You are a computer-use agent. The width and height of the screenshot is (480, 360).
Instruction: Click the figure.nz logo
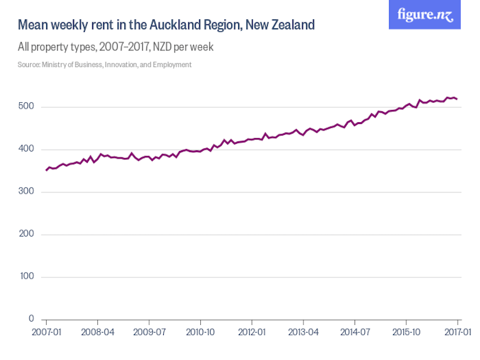(x=425, y=15)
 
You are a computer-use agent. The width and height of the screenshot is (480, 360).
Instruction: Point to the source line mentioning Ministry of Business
(x=105, y=65)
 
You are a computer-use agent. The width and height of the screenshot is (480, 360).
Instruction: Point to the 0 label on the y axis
(x=30, y=319)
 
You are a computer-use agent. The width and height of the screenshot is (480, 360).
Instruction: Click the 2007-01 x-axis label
(x=46, y=333)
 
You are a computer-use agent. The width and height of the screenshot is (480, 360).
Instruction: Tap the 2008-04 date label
(x=97, y=333)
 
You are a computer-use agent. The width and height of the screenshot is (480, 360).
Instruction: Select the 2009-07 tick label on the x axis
(x=148, y=333)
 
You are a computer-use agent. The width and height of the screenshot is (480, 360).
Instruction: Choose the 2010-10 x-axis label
(x=200, y=333)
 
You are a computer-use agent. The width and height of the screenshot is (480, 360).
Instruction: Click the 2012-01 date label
(x=252, y=333)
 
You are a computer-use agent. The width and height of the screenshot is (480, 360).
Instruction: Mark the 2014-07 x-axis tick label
(x=355, y=333)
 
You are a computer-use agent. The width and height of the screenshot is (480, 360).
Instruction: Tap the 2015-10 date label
(x=406, y=333)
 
